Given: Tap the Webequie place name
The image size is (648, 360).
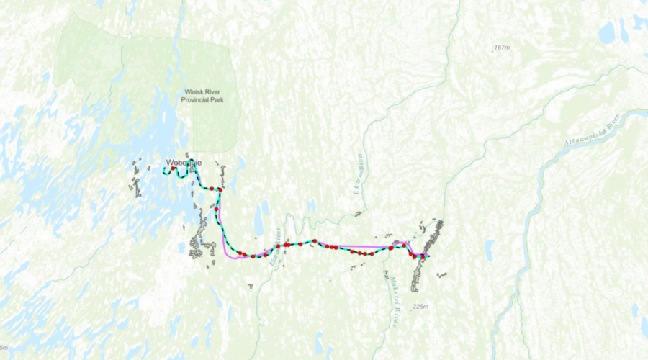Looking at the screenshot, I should coord(184,163).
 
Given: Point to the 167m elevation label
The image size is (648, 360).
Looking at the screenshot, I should coord(502,48).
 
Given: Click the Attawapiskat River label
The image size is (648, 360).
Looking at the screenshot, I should coord(593,131).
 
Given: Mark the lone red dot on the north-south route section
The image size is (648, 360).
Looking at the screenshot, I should coord(216,209).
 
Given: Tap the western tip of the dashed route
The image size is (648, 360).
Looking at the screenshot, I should coord(163,172).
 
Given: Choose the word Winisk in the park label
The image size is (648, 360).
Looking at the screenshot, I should coord(192,91).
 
